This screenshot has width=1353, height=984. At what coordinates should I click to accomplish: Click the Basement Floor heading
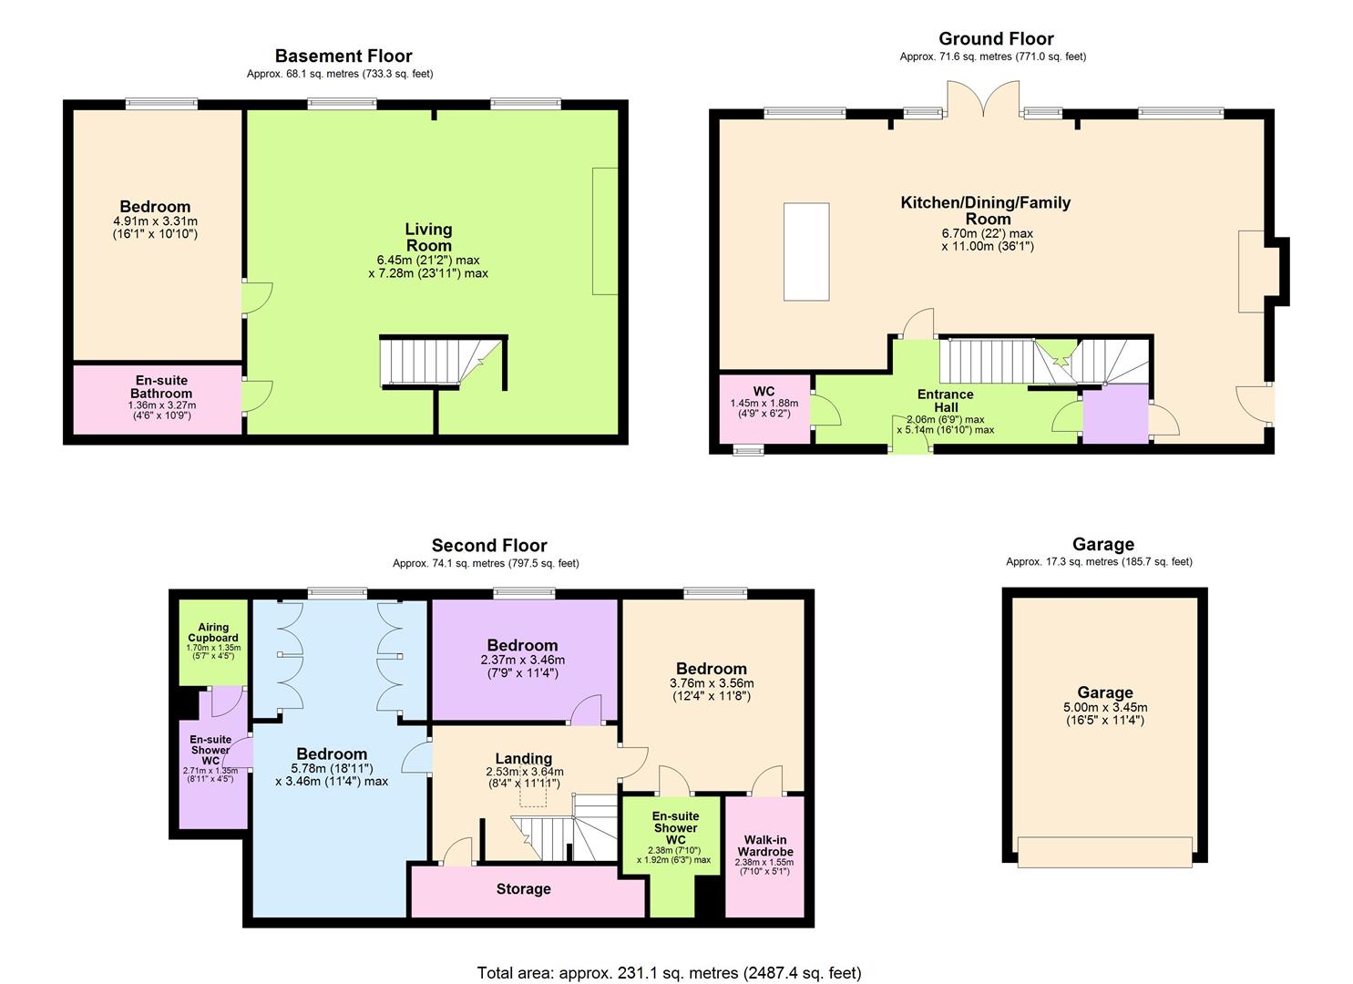343,56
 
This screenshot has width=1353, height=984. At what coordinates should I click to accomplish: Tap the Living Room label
428,238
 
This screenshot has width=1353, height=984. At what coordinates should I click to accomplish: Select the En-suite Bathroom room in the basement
159,400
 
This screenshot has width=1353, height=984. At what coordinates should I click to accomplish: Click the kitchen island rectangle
806,252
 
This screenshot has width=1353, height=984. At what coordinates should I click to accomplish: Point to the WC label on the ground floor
764,392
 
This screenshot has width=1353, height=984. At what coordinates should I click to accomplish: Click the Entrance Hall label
945,401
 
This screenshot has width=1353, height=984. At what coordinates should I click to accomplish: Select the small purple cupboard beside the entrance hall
1115,414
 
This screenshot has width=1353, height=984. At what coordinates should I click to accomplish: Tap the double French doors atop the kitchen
983,99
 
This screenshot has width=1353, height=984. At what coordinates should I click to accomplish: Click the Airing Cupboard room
213,641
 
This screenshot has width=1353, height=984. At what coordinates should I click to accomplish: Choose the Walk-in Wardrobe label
764,846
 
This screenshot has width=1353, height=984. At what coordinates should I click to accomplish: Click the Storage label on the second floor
523,889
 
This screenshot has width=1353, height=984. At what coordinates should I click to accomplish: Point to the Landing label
523,758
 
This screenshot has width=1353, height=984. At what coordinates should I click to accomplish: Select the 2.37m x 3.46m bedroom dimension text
522,661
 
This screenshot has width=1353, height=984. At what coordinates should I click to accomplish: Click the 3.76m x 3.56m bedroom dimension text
712,683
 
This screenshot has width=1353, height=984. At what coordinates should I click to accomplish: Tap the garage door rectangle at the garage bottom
1105,852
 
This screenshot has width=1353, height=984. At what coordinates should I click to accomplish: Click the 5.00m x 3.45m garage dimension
1105,707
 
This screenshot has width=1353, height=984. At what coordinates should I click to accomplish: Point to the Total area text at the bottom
669,973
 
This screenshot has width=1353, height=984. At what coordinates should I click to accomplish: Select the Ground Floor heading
996,38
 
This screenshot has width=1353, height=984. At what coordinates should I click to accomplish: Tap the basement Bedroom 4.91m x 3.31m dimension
154,221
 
